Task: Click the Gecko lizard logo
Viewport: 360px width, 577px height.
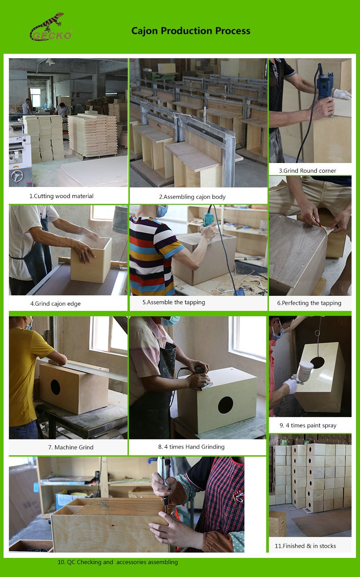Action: click(51, 27)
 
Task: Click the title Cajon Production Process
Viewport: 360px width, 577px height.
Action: click(191, 31)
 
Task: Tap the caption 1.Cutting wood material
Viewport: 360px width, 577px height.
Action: click(61, 196)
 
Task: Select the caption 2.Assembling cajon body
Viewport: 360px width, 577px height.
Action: click(192, 197)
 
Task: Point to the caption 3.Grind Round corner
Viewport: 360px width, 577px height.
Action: click(308, 171)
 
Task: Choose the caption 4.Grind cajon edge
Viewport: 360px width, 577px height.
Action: click(56, 304)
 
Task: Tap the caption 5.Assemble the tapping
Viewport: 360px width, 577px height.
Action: click(174, 302)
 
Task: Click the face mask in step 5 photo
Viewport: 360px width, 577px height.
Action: click(162, 211)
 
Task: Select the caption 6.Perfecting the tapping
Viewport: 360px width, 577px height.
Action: click(309, 303)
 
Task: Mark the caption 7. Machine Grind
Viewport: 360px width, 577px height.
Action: click(71, 447)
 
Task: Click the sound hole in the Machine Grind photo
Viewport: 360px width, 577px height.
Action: click(56, 387)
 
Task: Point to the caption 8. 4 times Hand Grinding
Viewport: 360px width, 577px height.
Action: click(191, 447)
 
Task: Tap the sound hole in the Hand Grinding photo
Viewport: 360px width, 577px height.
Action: click(225, 405)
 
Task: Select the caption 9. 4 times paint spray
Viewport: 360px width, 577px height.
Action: click(308, 425)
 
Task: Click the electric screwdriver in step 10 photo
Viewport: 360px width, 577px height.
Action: click(164, 484)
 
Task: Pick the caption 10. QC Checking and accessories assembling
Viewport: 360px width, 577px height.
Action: click(117, 562)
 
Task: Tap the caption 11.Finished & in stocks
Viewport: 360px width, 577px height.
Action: click(305, 546)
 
